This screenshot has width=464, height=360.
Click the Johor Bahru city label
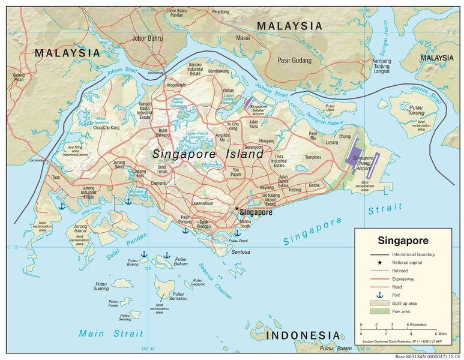click(147, 38)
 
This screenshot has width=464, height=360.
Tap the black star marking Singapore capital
click(237, 209)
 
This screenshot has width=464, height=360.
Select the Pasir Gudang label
click(293, 60)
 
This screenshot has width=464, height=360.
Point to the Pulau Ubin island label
click(330, 107)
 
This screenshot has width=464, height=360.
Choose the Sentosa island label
click(240, 252)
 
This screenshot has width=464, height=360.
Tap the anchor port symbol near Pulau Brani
click(237, 232)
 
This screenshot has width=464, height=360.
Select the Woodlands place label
click(175, 85)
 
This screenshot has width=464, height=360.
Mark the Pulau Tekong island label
click(415, 110)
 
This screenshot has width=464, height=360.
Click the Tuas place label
click(56, 177)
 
